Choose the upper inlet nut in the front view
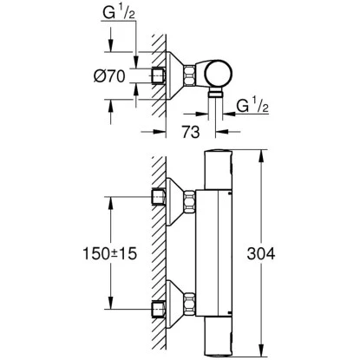pos(158,197)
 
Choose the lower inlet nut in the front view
pos(158,308)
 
